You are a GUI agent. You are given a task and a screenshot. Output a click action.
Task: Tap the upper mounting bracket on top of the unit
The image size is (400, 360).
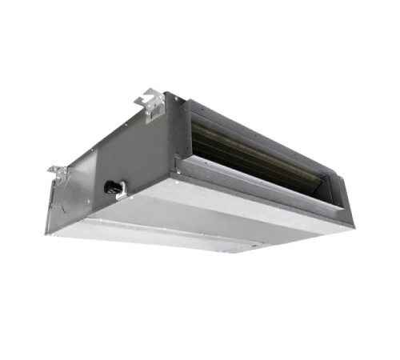tap(151, 102)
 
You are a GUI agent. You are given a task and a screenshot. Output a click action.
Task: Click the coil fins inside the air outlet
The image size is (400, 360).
tap(240, 144)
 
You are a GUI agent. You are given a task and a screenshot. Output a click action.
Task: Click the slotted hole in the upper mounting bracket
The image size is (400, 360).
tap(149, 101)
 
